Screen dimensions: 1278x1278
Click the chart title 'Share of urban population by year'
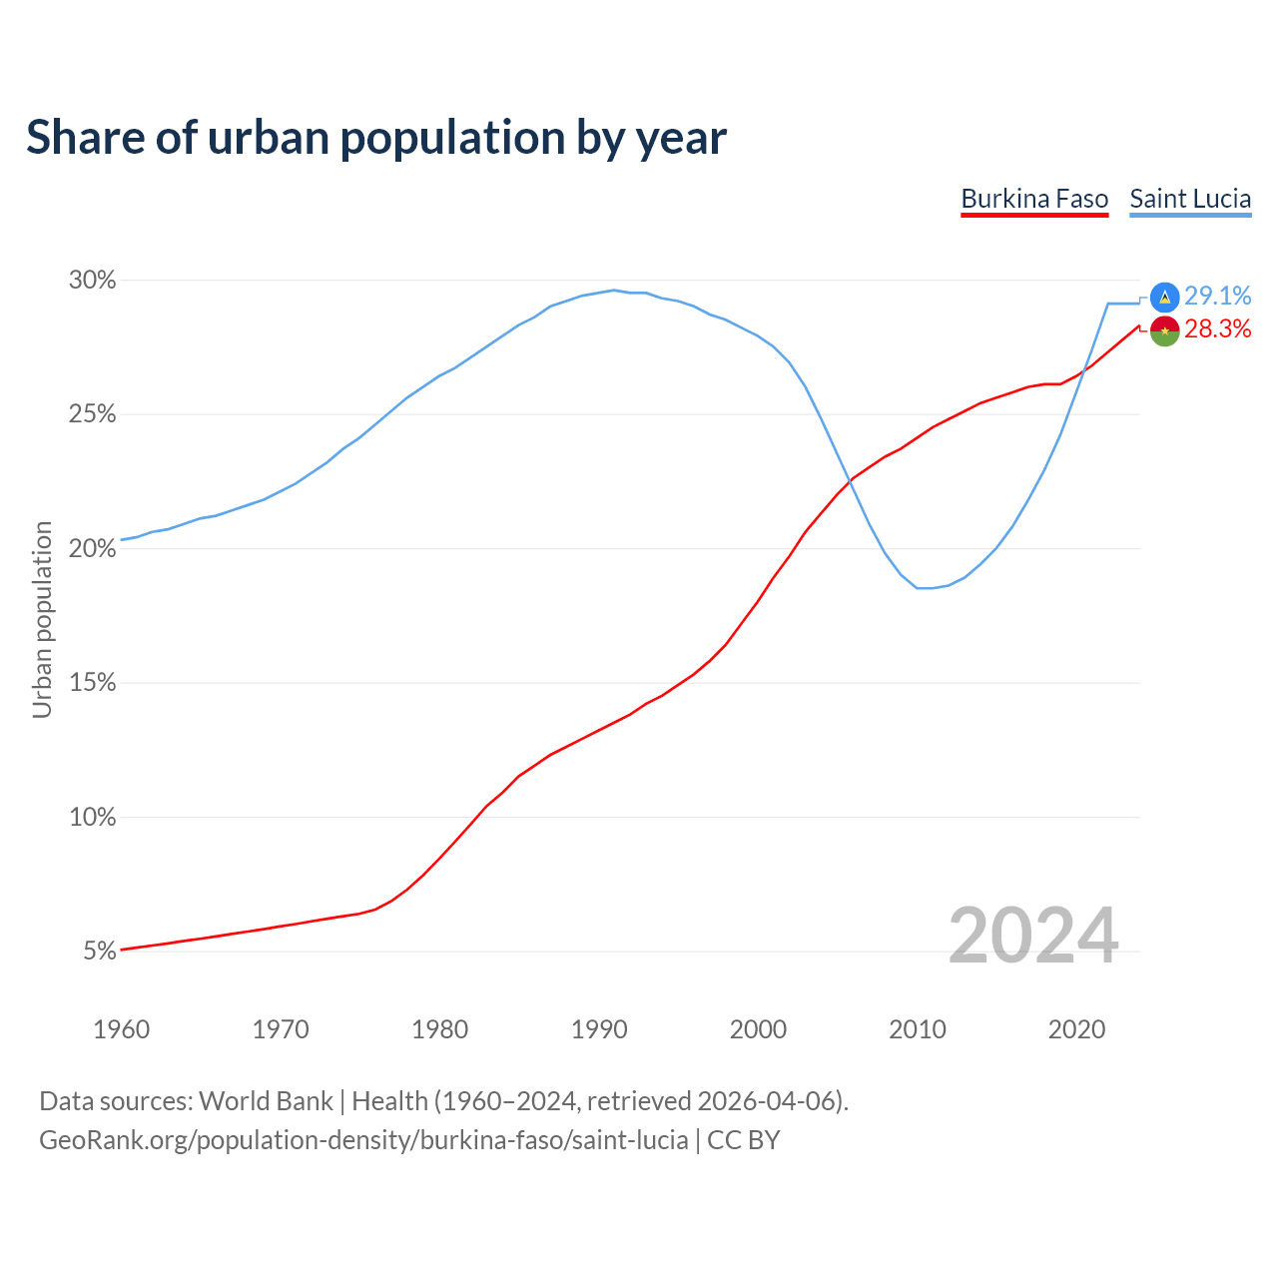tap(375, 137)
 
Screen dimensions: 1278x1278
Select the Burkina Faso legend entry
tap(1034, 199)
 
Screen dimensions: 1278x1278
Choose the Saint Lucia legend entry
tap(1190, 199)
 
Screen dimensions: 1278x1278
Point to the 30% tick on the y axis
tap(93, 281)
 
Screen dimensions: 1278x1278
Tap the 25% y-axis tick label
tap(93, 414)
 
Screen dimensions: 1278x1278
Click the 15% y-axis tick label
tap(93, 683)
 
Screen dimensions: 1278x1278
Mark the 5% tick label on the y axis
tap(100, 952)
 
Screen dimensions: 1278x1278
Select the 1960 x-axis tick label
tap(121, 1029)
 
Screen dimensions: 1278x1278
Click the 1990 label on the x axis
tap(599, 1029)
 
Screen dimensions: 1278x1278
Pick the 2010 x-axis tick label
tap(918, 1029)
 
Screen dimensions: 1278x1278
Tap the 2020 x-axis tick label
tap(1076, 1029)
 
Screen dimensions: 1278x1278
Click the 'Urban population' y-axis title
tap(42, 619)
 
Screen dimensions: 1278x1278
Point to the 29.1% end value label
tap(1217, 296)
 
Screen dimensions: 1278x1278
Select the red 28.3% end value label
tap(1217, 329)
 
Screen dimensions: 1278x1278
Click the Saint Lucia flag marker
tap(1164, 297)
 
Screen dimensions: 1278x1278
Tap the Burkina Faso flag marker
tap(1164, 330)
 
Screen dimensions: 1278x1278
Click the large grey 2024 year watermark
tap(1033, 936)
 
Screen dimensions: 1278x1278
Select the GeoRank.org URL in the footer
tap(363, 1140)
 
